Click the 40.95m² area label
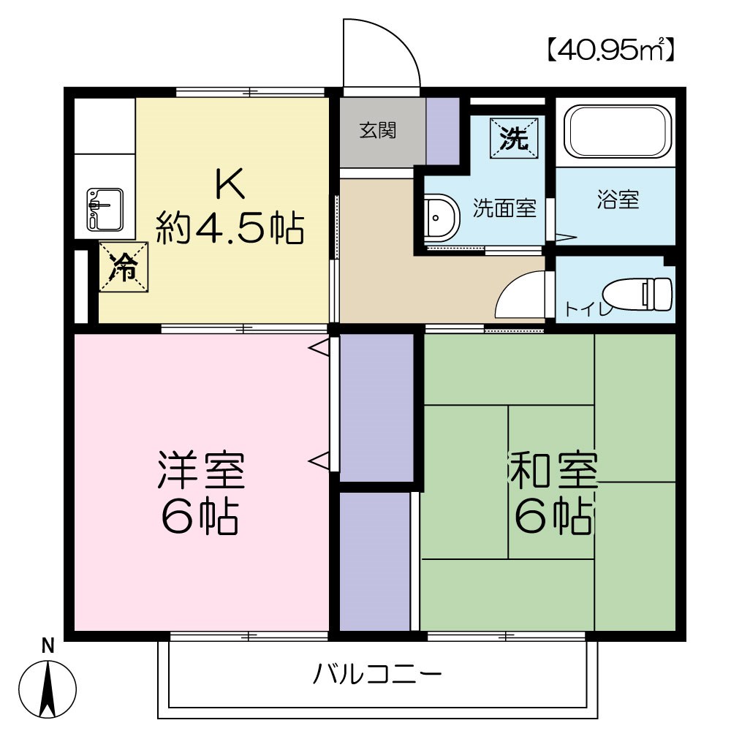(x=609, y=50)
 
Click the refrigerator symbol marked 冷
(x=124, y=268)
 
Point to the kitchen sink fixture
(x=105, y=208)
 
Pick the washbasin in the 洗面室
(x=440, y=217)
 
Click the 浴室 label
(x=618, y=200)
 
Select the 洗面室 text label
(x=504, y=209)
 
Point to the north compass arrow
(x=48, y=688)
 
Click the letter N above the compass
(x=48, y=646)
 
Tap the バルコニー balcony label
(x=377, y=673)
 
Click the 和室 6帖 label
(x=553, y=494)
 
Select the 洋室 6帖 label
(x=200, y=494)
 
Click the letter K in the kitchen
(x=229, y=185)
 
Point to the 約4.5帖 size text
(x=229, y=229)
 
